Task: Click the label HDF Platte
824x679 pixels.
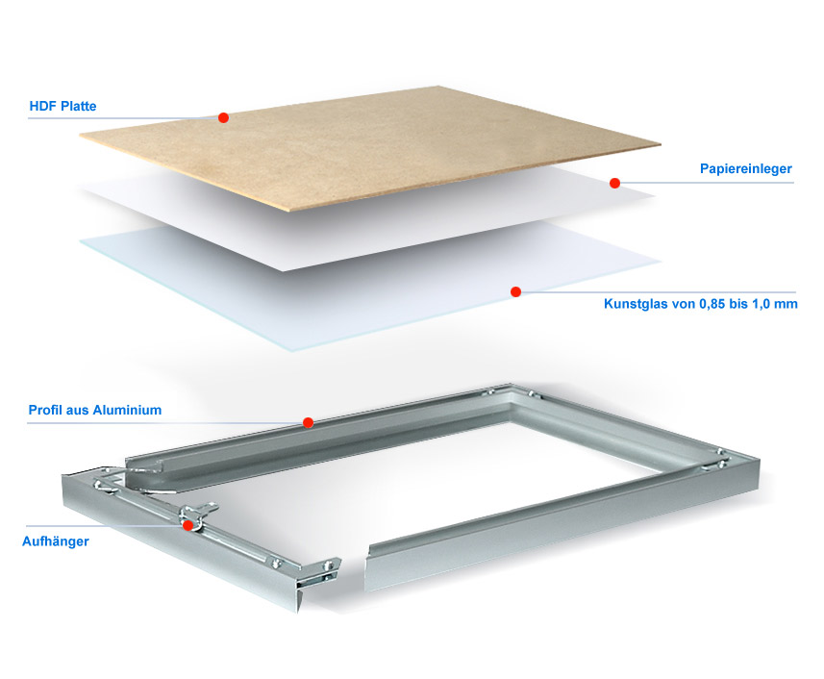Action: tap(63, 106)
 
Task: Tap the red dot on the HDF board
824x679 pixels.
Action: tap(223, 117)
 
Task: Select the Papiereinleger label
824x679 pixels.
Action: tap(746, 168)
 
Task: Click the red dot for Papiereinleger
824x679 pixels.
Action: tap(614, 183)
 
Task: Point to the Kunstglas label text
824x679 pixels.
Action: tap(701, 304)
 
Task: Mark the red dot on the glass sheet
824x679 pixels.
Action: tap(515, 291)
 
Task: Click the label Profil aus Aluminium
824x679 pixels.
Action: tap(95, 410)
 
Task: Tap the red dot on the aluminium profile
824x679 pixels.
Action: tap(309, 422)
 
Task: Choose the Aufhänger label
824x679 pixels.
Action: tap(56, 541)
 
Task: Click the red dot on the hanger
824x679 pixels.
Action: tap(187, 525)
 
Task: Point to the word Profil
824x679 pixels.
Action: tap(43, 410)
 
